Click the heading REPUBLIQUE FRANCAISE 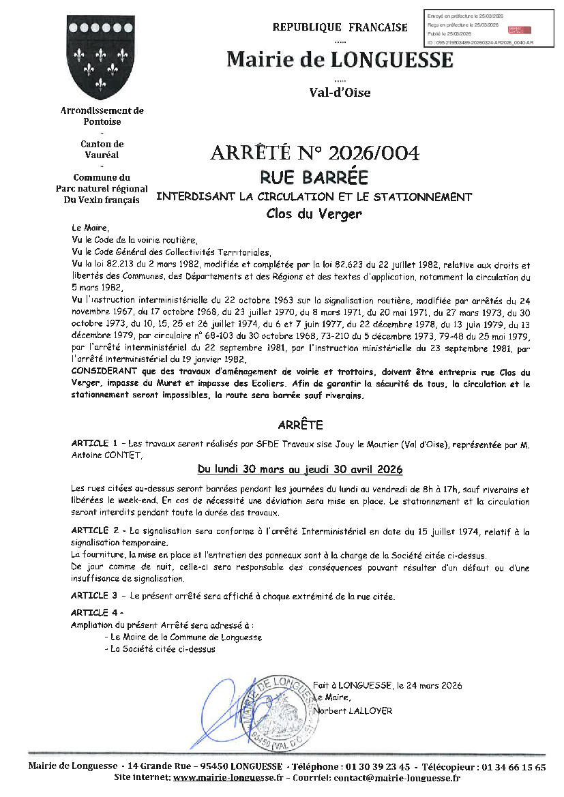click(x=340, y=27)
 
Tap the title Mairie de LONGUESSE click(x=340, y=60)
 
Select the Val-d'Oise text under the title click(x=340, y=93)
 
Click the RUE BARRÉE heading click(x=314, y=178)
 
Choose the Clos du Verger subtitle click(x=314, y=213)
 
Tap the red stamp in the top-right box click(x=517, y=30)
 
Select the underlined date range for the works click(x=299, y=470)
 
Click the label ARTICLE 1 click(x=94, y=444)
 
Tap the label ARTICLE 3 click(x=94, y=596)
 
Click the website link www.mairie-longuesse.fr click(x=228, y=778)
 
